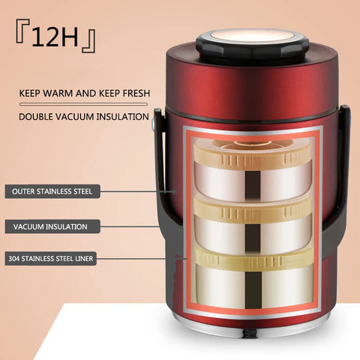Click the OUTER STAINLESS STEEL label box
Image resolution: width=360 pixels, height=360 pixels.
click(52, 191)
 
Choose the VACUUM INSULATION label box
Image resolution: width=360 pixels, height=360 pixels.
click(50, 226)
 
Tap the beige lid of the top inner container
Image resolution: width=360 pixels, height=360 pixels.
click(252, 154)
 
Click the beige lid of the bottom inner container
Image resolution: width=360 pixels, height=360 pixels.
click(252, 257)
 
